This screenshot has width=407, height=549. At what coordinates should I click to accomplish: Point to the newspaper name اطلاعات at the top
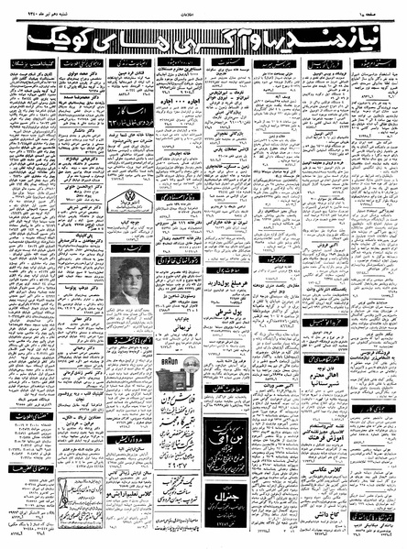[203, 8]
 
